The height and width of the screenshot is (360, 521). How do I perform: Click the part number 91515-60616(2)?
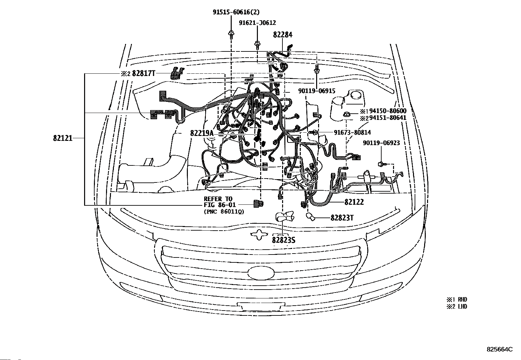[236, 12]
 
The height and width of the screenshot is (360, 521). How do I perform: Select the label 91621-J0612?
[257, 23]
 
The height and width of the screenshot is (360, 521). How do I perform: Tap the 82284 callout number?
[283, 35]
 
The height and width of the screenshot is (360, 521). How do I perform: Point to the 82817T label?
[143, 74]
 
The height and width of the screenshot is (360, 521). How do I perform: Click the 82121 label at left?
[63, 138]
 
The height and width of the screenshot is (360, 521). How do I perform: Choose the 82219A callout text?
[202, 133]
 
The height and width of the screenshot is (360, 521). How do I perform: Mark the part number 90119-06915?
[316, 91]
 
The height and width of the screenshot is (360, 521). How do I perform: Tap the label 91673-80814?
[352, 132]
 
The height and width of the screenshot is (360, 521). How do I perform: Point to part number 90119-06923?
[381, 143]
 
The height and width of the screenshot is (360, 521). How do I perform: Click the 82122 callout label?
[354, 202]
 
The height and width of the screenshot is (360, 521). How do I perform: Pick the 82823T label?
[342, 218]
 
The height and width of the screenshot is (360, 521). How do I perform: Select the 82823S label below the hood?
[283, 240]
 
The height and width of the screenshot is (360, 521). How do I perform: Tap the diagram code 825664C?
[499, 350]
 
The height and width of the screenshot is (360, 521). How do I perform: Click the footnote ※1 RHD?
[457, 299]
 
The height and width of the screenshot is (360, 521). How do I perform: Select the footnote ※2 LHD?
[457, 307]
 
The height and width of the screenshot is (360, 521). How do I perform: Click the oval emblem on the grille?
[260, 272]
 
